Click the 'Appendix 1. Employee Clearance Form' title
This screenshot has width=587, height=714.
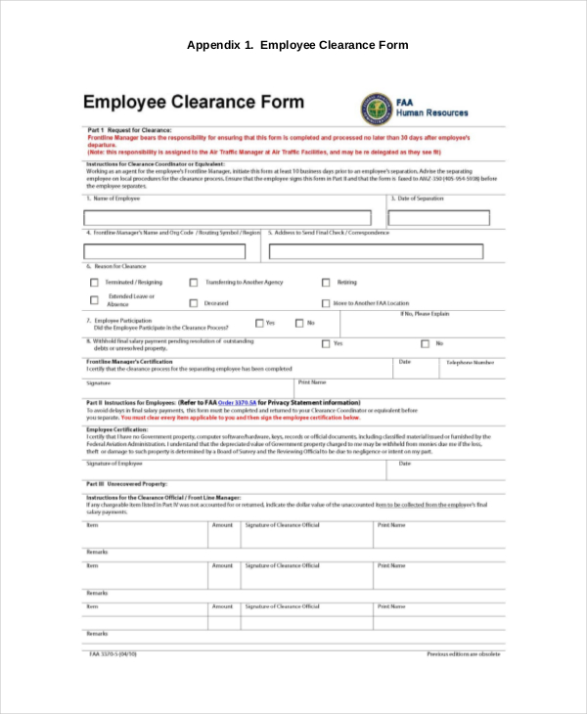tap(297, 45)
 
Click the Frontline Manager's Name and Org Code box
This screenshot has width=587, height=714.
tap(172, 251)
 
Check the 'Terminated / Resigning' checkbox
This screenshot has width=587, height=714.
tap(95, 283)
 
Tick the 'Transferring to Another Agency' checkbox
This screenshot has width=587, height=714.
tap(194, 283)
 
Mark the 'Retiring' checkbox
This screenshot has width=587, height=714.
tap(326, 283)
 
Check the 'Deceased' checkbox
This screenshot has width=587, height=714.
tap(194, 304)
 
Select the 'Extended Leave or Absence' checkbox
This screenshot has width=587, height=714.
tap(95, 301)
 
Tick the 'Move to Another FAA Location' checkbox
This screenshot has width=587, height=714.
tap(326, 304)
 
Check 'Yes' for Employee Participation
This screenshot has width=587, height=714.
tap(259, 323)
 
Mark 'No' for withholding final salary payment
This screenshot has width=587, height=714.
tap(425, 343)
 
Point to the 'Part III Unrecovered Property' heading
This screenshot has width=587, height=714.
tap(127, 484)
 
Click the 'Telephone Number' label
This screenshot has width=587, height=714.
tap(471, 362)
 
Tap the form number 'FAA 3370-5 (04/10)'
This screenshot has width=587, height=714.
tap(113, 652)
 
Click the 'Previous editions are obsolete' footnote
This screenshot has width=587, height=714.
tap(463, 652)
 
